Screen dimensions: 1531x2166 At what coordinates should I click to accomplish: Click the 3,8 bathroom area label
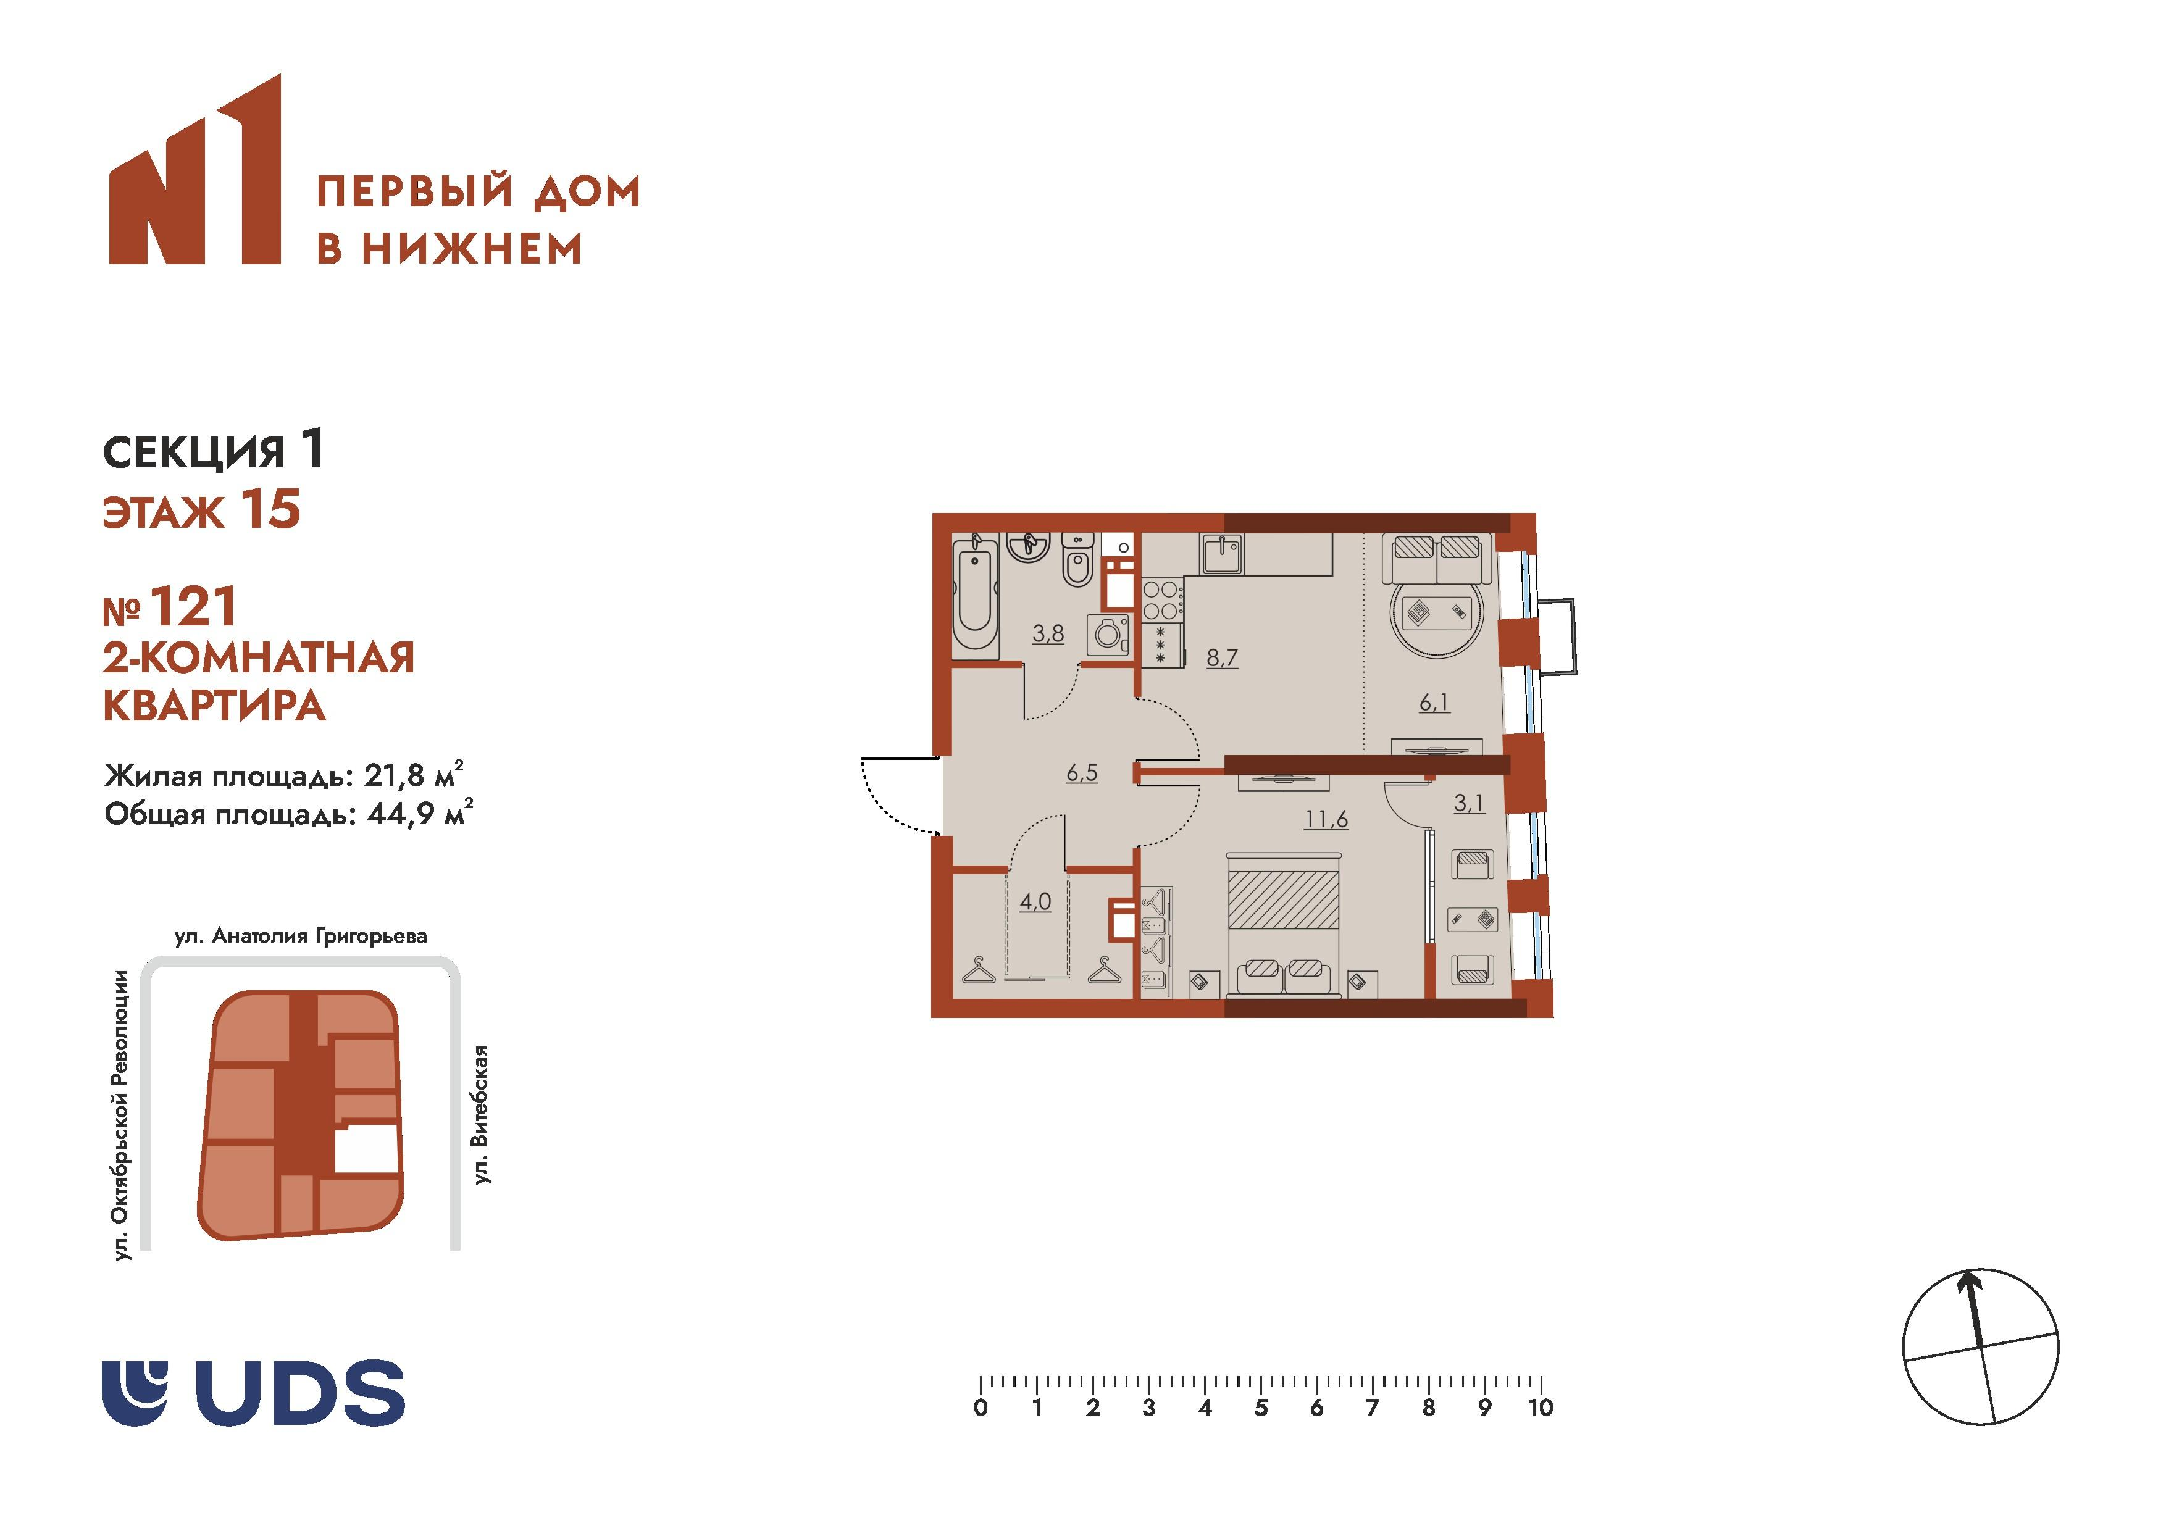[1047, 634]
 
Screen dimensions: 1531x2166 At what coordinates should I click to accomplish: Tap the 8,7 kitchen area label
[1222, 657]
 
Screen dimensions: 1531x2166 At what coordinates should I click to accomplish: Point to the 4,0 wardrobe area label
[1035, 902]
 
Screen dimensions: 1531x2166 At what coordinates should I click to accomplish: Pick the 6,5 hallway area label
[1082, 774]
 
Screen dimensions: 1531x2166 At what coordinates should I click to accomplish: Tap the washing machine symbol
[1108, 634]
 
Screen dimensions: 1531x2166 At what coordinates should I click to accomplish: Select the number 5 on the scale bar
[1260, 1408]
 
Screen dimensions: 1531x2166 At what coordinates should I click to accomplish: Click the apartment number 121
[193, 607]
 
